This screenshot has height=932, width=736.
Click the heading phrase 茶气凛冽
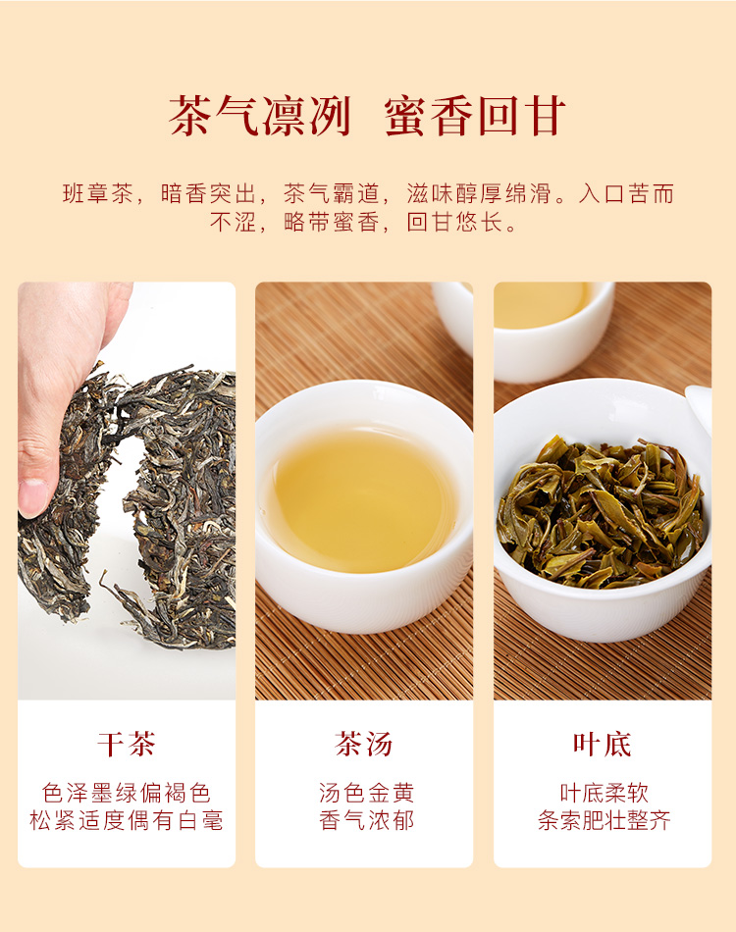260,117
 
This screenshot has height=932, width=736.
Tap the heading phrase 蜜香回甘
474,117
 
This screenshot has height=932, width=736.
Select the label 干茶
127,745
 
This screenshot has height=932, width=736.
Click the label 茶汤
364,745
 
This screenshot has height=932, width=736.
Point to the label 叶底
603,745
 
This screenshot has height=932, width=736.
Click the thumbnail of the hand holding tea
127,491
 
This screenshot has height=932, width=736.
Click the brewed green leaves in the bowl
601,511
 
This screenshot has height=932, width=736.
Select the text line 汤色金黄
366,793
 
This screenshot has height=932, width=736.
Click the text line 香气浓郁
366,820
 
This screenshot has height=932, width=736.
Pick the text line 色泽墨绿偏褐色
127,793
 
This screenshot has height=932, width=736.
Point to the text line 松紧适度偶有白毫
127,820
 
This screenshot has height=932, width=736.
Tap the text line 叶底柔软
605,793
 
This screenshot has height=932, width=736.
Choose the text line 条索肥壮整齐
605,820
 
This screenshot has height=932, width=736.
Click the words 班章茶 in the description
97,194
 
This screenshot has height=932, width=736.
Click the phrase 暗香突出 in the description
208,194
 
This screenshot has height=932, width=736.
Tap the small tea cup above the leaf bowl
552,330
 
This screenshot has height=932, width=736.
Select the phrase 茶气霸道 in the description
331,194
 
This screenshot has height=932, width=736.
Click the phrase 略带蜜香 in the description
331,223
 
